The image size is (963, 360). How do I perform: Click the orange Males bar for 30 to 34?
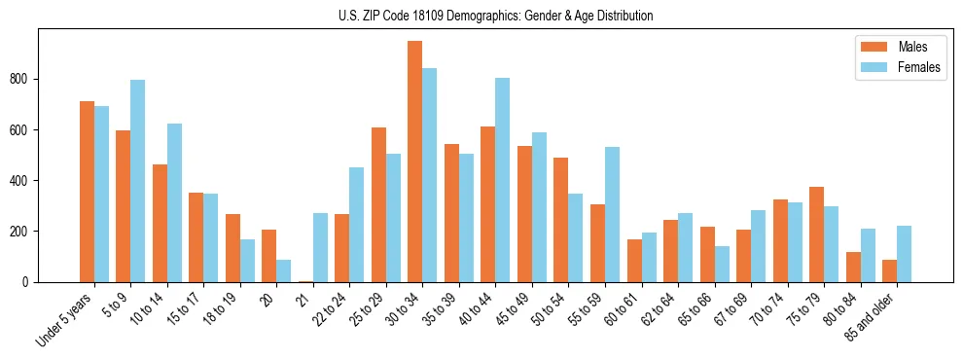coord(415,162)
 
